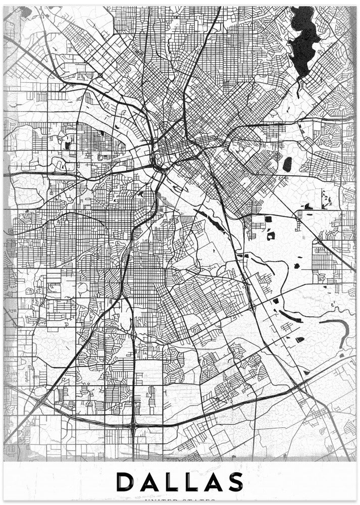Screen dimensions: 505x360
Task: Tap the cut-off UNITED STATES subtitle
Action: pos(180,501)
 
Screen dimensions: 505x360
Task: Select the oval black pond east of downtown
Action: pos(287,164)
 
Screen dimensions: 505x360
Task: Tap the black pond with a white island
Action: pos(271,235)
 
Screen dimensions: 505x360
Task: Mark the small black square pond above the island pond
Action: pos(268,219)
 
